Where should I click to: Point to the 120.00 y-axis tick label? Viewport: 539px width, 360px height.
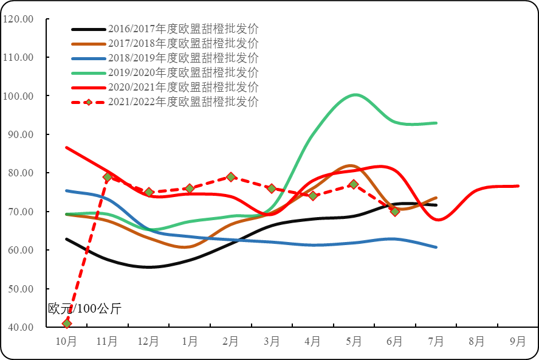click(x=18, y=19)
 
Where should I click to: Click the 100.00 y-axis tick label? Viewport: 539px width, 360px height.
click(x=18, y=96)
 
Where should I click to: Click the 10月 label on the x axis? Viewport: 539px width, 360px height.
click(x=66, y=342)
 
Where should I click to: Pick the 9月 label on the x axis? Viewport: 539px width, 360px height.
click(x=518, y=342)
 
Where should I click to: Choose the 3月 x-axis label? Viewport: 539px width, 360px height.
click(x=272, y=342)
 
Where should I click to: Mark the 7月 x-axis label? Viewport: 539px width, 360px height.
click(x=436, y=342)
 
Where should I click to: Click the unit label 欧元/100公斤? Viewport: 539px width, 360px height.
click(x=85, y=309)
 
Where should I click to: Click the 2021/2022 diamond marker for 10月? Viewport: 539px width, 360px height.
click(x=67, y=323)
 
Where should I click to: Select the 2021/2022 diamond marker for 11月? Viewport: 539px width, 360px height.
click(x=108, y=177)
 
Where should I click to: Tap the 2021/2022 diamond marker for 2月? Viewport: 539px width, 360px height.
click(x=231, y=177)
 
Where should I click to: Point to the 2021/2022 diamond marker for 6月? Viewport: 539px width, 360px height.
click(x=395, y=212)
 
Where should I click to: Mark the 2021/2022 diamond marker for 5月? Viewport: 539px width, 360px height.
click(x=354, y=184)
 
